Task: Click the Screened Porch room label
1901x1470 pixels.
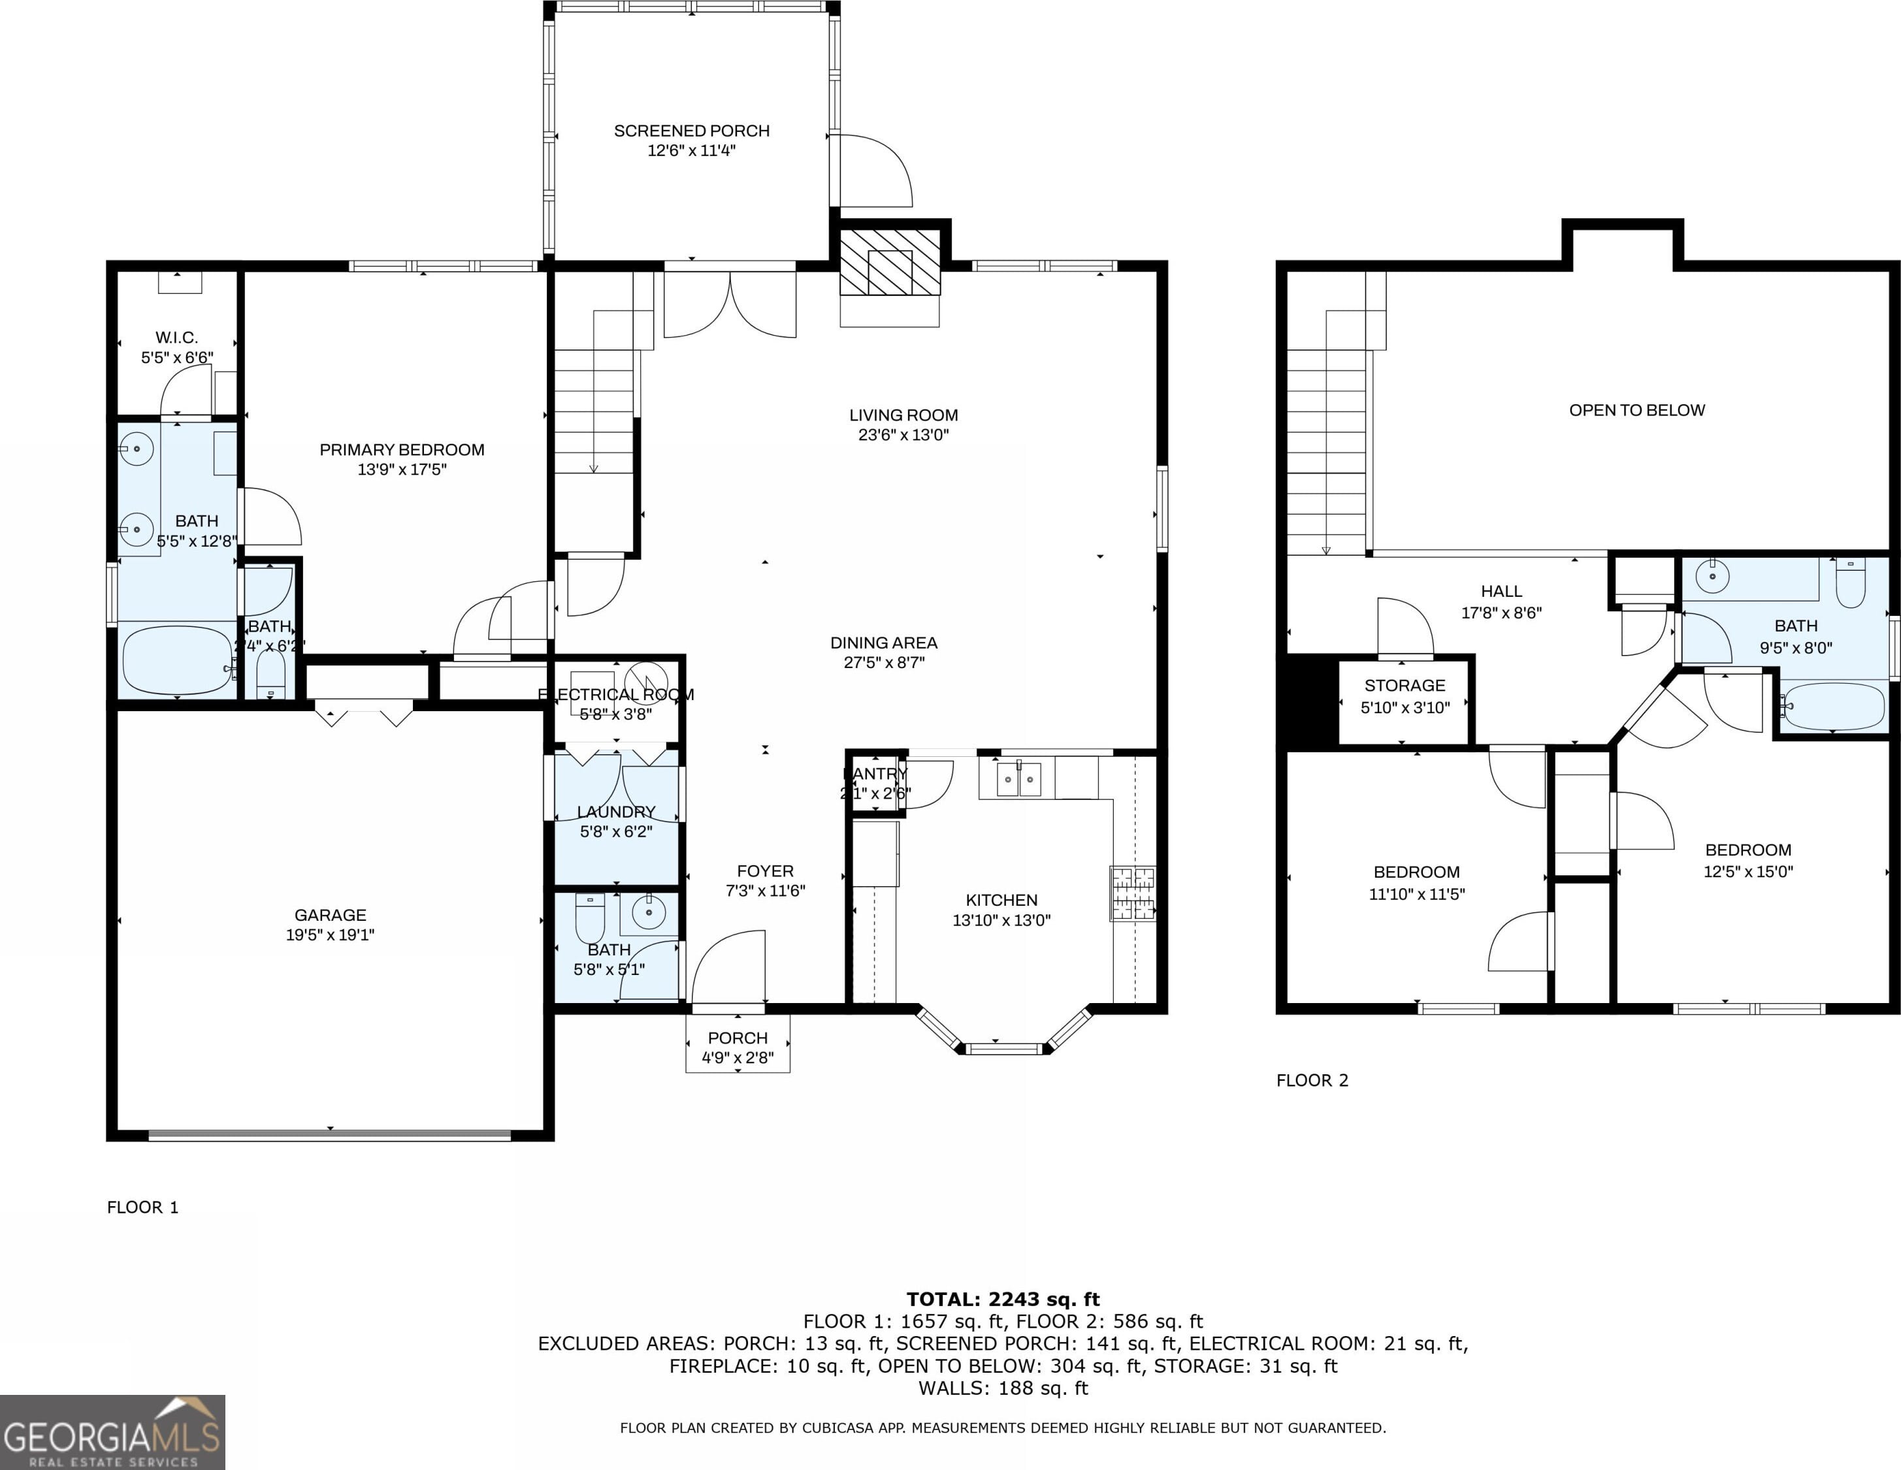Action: [x=692, y=131]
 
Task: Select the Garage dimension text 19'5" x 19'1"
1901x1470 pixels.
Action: [x=330, y=935]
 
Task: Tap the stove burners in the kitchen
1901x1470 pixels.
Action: [x=1132, y=893]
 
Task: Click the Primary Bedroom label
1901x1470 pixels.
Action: [x=402, y=450]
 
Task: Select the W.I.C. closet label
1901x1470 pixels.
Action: [x=176, y=338]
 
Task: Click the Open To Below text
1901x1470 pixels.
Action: [x=1637, y=410]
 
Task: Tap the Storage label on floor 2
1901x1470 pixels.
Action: [x=1405, y=686]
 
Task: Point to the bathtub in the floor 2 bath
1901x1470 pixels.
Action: [x=1832, y=706]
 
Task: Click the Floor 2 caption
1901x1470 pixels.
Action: [x=1312, y=1080]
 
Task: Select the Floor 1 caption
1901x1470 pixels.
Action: [x=143, y=1207]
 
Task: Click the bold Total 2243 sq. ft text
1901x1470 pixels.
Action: [x=1003, y=1300]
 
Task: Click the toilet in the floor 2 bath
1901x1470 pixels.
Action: [x=1849, y=581]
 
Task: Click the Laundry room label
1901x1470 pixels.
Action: [x=616, y=812]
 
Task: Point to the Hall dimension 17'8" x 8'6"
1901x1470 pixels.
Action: [x=1501, y=613]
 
